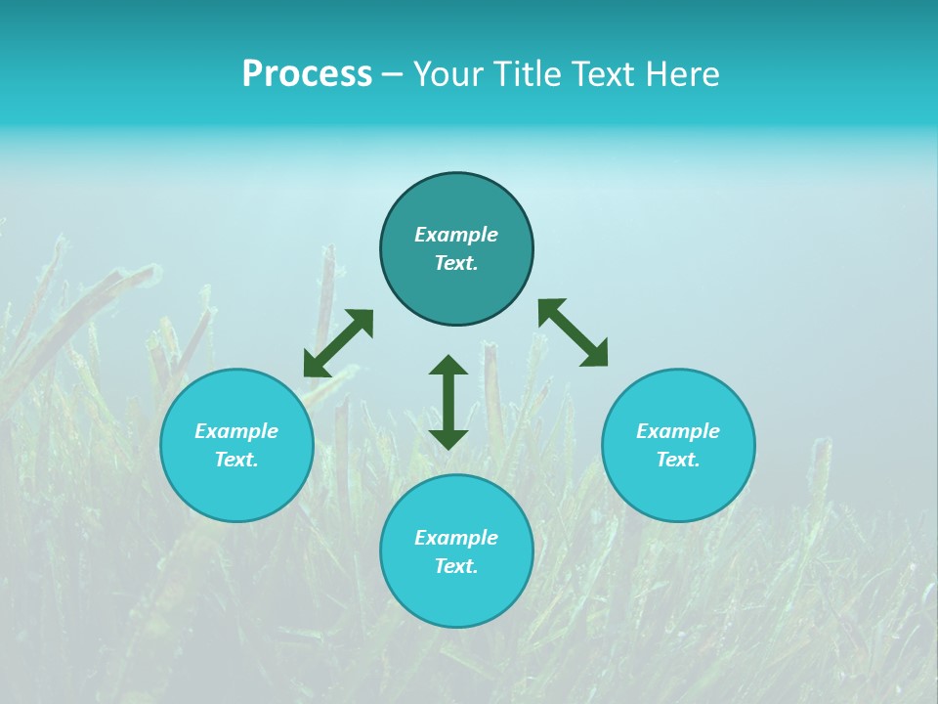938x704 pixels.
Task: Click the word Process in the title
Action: tap(307, 74)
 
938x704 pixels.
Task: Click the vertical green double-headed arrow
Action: tap(448, 402)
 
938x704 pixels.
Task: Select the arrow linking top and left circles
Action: tap(338, 343)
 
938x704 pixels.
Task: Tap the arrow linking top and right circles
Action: tap(574, 332)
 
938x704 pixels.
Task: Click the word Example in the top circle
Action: tap(456, 235)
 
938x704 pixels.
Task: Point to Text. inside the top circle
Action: tap(456, 263)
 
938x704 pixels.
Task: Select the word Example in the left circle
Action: tap(236, 431)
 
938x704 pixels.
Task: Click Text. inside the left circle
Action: tap(236, 460)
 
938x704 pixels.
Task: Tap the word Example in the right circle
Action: tap(678, 431)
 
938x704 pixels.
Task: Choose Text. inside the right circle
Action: tap(678, 460)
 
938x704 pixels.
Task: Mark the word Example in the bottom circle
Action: tap(456, 538)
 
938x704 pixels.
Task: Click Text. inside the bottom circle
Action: tap(456, 566)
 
